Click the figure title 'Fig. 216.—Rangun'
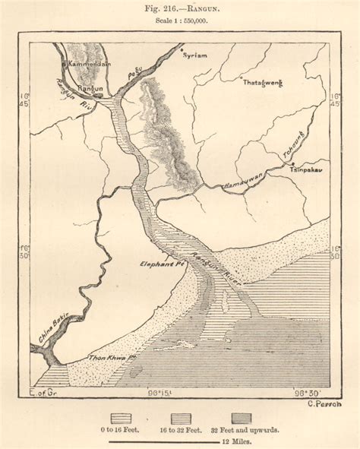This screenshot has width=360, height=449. point(179,10)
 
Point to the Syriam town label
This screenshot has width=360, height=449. point(195,55)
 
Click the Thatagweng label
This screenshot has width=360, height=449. point(260,84)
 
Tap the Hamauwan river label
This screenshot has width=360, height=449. point(242,182)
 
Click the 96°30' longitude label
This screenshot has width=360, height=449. point(308,394)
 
